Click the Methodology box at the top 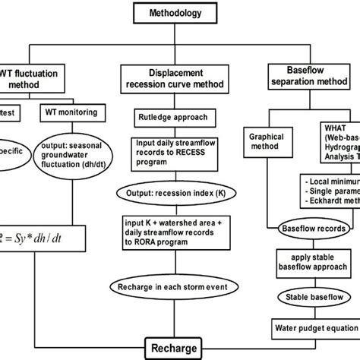pyautogui.click(x=179, y=13)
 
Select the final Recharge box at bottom pyautogui.click(x=178, y=349)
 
